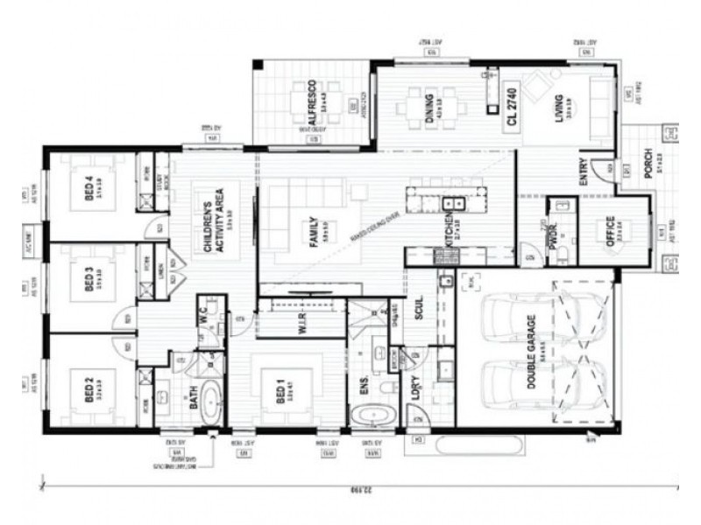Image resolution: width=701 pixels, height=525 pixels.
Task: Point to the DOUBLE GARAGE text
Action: tap(531, 366)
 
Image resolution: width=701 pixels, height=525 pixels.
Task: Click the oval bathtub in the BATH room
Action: tap(212, 402)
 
